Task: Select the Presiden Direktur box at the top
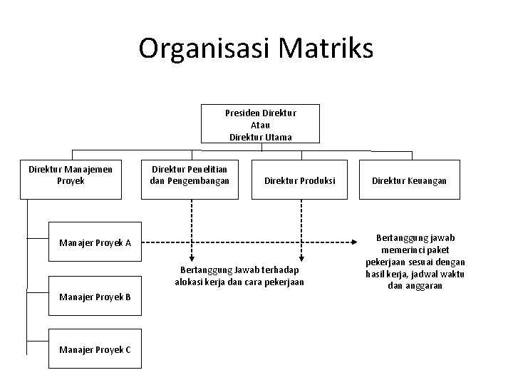260,124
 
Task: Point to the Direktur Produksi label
300,181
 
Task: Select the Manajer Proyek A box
95,242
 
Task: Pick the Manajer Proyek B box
95,297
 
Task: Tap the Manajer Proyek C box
95,348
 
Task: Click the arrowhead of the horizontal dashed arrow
359,242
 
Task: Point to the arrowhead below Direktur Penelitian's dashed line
190,260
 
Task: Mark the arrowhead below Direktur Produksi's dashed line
301,260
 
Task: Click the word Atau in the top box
260,125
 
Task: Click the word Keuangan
428,181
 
